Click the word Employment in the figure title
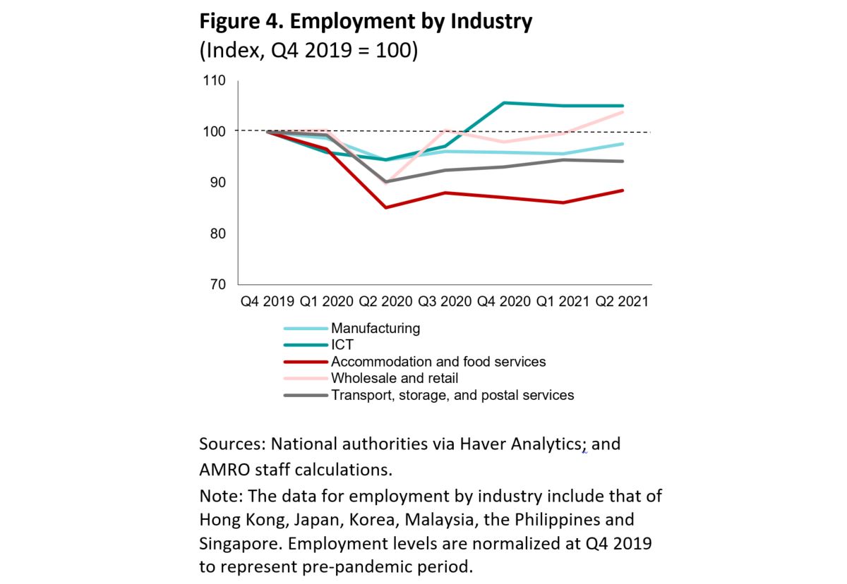347,23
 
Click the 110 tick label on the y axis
214,80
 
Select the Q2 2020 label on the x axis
385,301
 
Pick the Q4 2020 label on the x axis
504,301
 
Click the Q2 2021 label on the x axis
622,301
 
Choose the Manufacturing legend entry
375,328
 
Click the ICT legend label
342,345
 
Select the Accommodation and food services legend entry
438,362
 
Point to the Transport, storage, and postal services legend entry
452,395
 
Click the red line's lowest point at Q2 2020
386,207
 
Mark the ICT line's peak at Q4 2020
504,103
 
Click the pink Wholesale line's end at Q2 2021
623,112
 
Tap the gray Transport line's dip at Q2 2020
386,181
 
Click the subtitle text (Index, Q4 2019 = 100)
308,51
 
